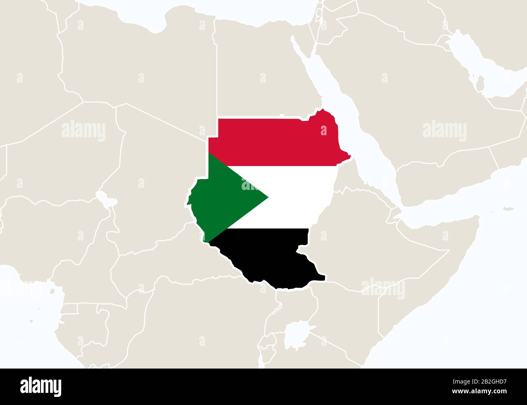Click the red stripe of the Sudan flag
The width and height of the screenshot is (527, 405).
[x=276, y=142]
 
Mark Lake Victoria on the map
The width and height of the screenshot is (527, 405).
[x=298, y=334]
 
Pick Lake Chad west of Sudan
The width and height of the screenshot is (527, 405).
[x=102, y=198]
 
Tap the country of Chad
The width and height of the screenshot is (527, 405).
[x=154, y=170]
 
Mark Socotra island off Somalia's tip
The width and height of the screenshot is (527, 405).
[x=507, y=209]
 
